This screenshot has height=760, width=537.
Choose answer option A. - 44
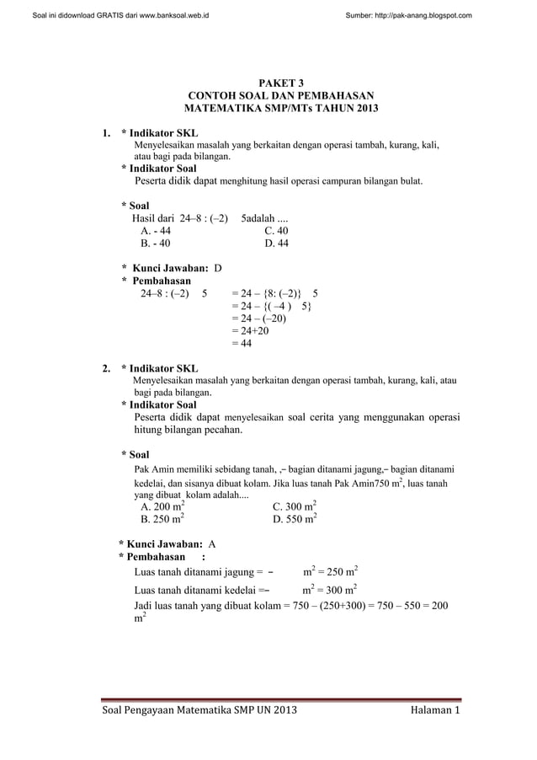[x=156, y=230]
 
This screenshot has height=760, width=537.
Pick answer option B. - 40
[x=156, y=244]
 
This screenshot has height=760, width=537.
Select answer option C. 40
[x=276, y=230]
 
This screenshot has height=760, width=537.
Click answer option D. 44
[x=276, y=244]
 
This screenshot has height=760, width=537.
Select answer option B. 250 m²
[x=163, y=521]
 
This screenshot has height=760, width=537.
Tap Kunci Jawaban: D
[x=172, y=267]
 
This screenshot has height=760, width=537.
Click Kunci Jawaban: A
[x=167, y=544]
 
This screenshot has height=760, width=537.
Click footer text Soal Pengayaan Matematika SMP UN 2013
[x=199, y=715]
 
